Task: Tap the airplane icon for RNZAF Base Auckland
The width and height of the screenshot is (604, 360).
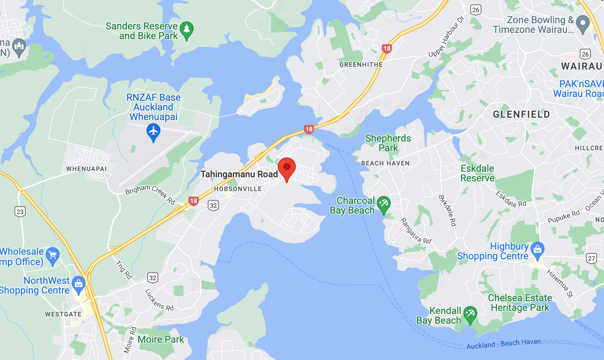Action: (x=153, y=132)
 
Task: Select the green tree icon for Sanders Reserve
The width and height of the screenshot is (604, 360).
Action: (x=186, y=29)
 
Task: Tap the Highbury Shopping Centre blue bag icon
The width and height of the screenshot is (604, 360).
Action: (x=537, y=250)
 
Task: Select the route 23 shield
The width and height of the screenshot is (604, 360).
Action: (x=20, y=212)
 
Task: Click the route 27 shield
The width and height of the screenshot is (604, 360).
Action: (x=591, y=258)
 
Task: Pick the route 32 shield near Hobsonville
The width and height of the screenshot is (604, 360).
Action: (x=213, y=205)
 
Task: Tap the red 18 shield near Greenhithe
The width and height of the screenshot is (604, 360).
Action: (x=387, y=48)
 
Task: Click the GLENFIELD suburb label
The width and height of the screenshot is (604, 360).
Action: (x=521, y=114)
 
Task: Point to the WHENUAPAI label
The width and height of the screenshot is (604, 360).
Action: (x=86, y=169)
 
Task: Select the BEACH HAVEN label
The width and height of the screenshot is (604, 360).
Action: (x=385, y=163)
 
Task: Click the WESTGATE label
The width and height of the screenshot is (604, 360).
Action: (x=63, y=314)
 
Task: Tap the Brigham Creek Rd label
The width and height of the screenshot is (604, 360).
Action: (x=150, y=194)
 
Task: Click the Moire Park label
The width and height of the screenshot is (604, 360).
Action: (x=160, y=339)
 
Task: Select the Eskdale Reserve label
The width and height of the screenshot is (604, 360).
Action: (x=477, y=173)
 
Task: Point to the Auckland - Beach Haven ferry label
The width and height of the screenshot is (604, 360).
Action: (x=504, y=344)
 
